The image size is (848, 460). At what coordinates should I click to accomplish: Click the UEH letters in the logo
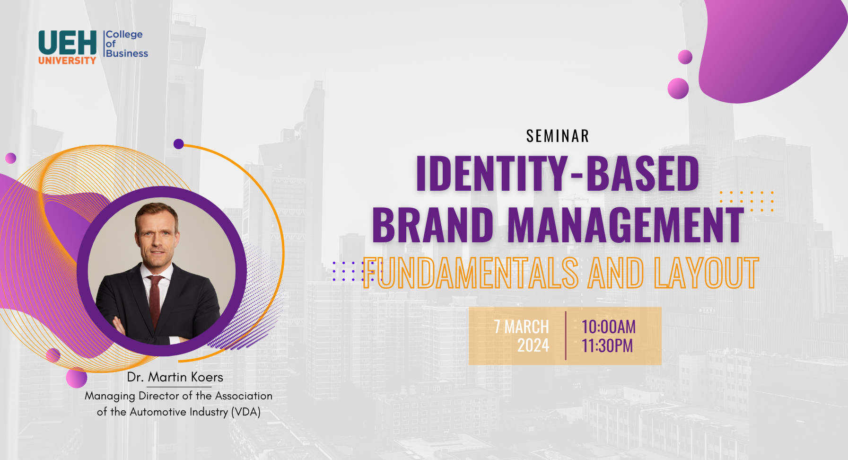pos(68,43)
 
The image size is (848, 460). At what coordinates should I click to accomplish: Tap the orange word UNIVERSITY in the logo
pos(67,61)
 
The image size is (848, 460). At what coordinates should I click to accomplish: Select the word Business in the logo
pos(127,53)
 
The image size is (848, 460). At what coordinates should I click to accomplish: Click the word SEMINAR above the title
pos(558,136)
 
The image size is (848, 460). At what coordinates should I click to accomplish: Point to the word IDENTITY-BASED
pos(558,173)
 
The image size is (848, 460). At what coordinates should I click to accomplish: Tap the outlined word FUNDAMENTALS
pos(471,273)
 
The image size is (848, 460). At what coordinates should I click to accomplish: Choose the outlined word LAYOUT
pos(707,273)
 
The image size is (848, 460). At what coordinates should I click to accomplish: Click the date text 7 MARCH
pos(522,327)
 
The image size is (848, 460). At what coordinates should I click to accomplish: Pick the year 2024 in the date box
pos(533,346)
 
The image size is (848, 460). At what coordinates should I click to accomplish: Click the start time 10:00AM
pos(609,327)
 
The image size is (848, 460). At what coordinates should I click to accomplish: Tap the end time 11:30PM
pos(607,346)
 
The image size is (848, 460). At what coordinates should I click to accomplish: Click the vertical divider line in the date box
pos(566,336)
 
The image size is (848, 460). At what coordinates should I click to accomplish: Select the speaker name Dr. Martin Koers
pos(175,377)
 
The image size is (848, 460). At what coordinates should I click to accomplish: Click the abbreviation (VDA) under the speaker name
pos(246,412)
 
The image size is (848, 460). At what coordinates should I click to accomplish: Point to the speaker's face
pos(157,235)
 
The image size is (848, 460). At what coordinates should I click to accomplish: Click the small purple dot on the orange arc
pos(179,144)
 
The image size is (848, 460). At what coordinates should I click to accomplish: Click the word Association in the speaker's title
pos(244,396)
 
